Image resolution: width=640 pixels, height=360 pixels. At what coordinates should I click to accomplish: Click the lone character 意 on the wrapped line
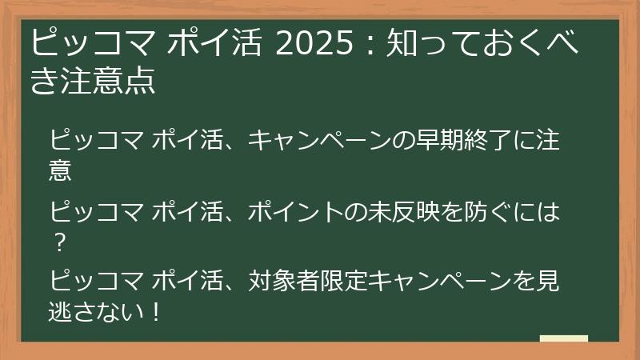[61, 169]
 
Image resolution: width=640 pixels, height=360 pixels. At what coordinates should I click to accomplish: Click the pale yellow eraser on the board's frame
[563, 338]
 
